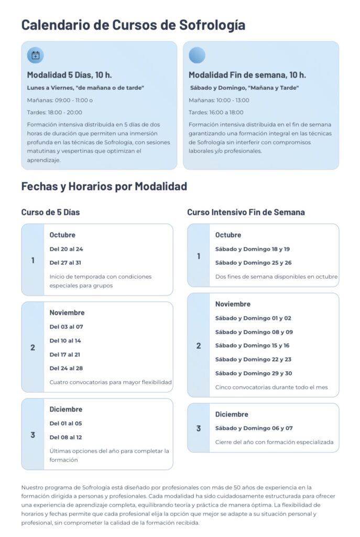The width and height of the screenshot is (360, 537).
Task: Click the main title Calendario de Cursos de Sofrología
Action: point(133,25)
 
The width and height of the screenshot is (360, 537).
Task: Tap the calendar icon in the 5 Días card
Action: point(35,55)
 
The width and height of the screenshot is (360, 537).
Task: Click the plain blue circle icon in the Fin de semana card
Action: point(197,55)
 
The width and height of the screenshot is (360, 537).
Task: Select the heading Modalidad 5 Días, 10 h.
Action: point(69,74)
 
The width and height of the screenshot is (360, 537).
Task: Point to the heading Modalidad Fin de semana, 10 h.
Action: point(247,74)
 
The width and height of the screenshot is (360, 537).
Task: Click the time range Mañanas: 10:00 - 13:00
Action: point(219,100)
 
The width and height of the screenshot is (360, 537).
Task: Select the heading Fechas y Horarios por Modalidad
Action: point(104,186)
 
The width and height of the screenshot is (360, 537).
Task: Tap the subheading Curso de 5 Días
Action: point(50,212)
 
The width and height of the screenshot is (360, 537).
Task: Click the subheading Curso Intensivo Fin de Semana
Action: point(246,212)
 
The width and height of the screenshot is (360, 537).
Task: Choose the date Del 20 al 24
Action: point(66,249)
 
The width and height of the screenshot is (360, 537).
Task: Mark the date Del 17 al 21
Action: point(65,355)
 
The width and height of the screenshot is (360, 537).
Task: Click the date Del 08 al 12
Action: point(66,437)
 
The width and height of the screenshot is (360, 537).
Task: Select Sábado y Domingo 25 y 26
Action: point(253,263)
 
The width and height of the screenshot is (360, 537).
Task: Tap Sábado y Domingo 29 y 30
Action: point(253,373)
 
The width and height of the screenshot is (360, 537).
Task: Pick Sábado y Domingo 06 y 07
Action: point(254,428)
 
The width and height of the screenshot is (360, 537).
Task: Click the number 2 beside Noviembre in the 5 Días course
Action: point(32,347)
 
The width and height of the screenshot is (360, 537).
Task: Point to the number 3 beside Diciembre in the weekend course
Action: point(198,428)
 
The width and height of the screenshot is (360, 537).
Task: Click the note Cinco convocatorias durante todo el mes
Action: point(271,388)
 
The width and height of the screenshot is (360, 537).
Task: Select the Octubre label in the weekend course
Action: point(228,235)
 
